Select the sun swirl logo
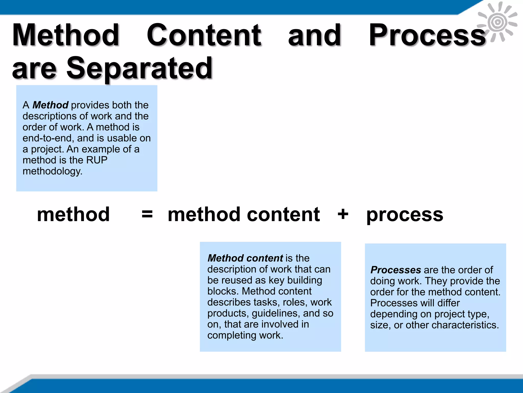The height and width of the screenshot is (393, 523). (497, 22)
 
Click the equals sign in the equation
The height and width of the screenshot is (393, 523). (147, 214)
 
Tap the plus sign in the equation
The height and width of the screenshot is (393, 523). (343, 214)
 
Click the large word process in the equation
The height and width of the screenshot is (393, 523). (405, 215)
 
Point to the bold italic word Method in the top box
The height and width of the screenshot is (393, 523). (50, 105)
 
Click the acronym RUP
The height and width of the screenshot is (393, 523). (97, 160)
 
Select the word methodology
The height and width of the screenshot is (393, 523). (52, 171)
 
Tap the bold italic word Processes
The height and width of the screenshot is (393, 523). (396, 270)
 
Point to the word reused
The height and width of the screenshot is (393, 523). (236, 280)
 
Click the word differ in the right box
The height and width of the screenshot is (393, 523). (448, 303)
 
